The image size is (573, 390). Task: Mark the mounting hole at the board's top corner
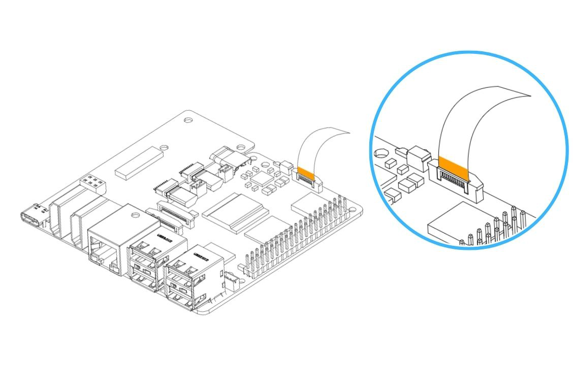point(188,121)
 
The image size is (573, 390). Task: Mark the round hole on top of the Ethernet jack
point(135,215)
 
